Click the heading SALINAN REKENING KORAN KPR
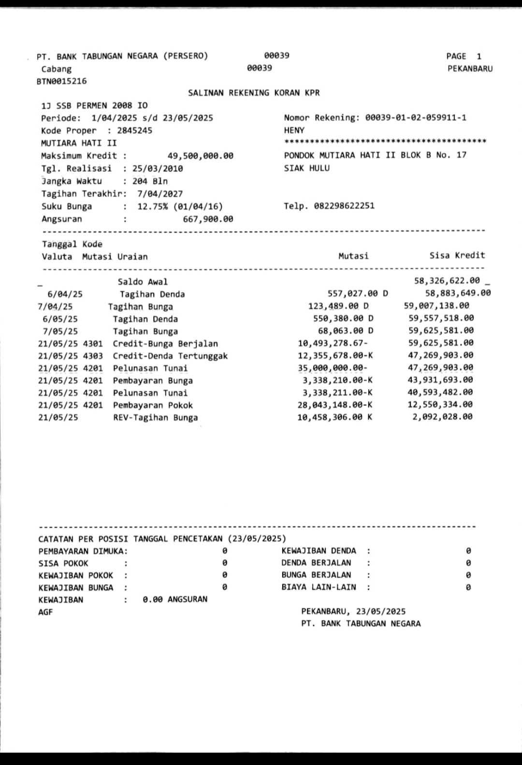coord(254,93)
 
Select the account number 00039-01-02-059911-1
coord(416,118)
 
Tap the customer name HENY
coord(294,130)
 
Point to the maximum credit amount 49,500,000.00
coord(200,156)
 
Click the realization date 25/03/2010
coord(158,168)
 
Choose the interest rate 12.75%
coord(152,206)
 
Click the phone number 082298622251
coord(344,206)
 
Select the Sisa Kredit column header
coord(457,255)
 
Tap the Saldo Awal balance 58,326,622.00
coord(447,280)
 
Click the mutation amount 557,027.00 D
coord(357,293)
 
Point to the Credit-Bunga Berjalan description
coord(165,344)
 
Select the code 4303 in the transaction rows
coord(93,356)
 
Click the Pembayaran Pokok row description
coord(153,405)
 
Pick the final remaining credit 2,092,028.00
coord(442,417)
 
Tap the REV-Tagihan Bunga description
coord(155,418)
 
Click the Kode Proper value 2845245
coord(134,131)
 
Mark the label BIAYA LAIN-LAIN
coord(319,587)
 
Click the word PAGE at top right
coord(456,56)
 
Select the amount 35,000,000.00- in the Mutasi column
coord(333,368)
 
